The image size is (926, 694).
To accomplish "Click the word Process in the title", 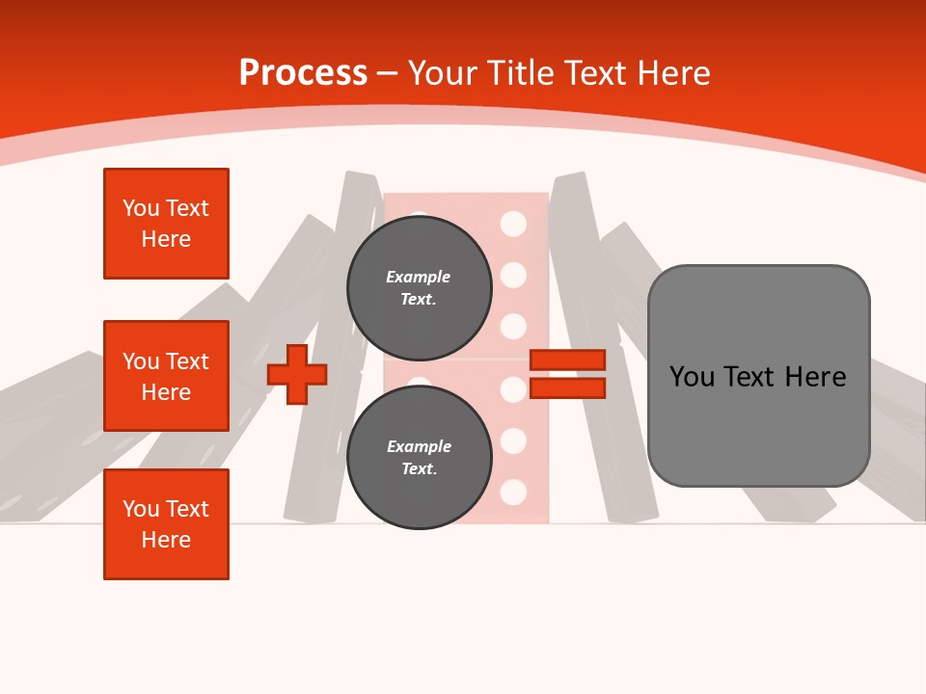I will click(x=303, y=73).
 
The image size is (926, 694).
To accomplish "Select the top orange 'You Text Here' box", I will click(x=166, y=224).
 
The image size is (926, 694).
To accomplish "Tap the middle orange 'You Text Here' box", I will click(x=166, y=376).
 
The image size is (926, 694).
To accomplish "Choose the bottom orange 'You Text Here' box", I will click(x=166, y=524).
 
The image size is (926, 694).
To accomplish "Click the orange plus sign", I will click(x=297, y=374).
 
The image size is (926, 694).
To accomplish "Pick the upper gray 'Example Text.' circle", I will click(x=419, y=288).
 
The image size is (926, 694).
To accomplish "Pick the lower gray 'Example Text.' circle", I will click(x=419, y=458).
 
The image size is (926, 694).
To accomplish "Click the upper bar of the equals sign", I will click(x=567, y=360).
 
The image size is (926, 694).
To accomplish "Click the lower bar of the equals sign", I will click(x=567, y=388).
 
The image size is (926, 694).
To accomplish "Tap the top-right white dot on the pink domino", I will click(x=513, y=224).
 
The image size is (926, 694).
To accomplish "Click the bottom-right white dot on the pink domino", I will click(x=513, y=492).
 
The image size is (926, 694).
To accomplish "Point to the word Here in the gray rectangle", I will click(x=816, y=377).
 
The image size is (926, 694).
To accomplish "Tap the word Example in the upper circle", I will click(x=418, y=277).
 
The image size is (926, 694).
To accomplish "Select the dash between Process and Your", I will click(x=387, y=73).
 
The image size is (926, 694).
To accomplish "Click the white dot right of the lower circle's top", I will click(x=513, y=389).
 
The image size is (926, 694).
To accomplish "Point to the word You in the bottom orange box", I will click(x=141, y=509).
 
